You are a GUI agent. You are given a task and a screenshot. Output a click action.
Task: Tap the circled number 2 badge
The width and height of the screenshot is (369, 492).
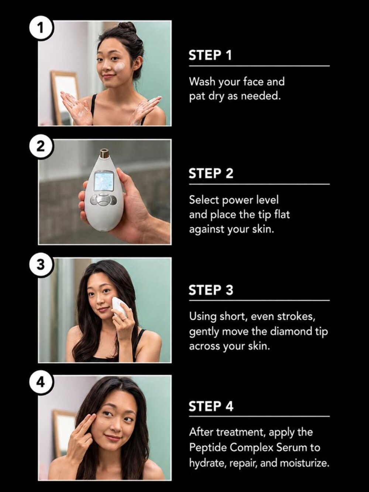[41, 147]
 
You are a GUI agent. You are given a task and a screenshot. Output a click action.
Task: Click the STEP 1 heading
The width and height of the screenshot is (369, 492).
[210, 55]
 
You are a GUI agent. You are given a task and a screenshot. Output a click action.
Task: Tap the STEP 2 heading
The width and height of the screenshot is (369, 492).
[211, 173]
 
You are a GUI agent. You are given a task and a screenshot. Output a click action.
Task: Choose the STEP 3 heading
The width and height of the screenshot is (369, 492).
[211, 290]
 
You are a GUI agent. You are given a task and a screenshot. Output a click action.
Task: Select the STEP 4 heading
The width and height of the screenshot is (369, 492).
[211, 406]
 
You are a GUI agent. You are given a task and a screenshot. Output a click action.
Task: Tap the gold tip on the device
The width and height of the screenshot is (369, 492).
[103, 153]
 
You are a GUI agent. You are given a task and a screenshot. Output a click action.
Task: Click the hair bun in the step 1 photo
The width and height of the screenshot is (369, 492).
[127, 28]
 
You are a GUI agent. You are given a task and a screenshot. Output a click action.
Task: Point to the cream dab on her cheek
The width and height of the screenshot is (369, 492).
[120, 67]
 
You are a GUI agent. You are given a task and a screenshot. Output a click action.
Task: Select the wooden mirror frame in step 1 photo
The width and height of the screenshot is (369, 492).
[63, 96]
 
